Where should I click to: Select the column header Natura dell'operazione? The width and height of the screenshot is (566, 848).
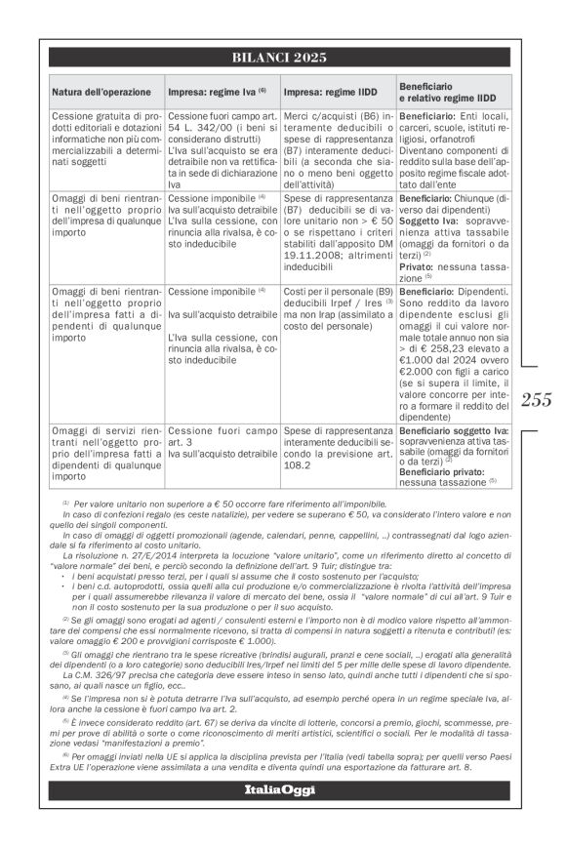[x=102, y=93]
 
